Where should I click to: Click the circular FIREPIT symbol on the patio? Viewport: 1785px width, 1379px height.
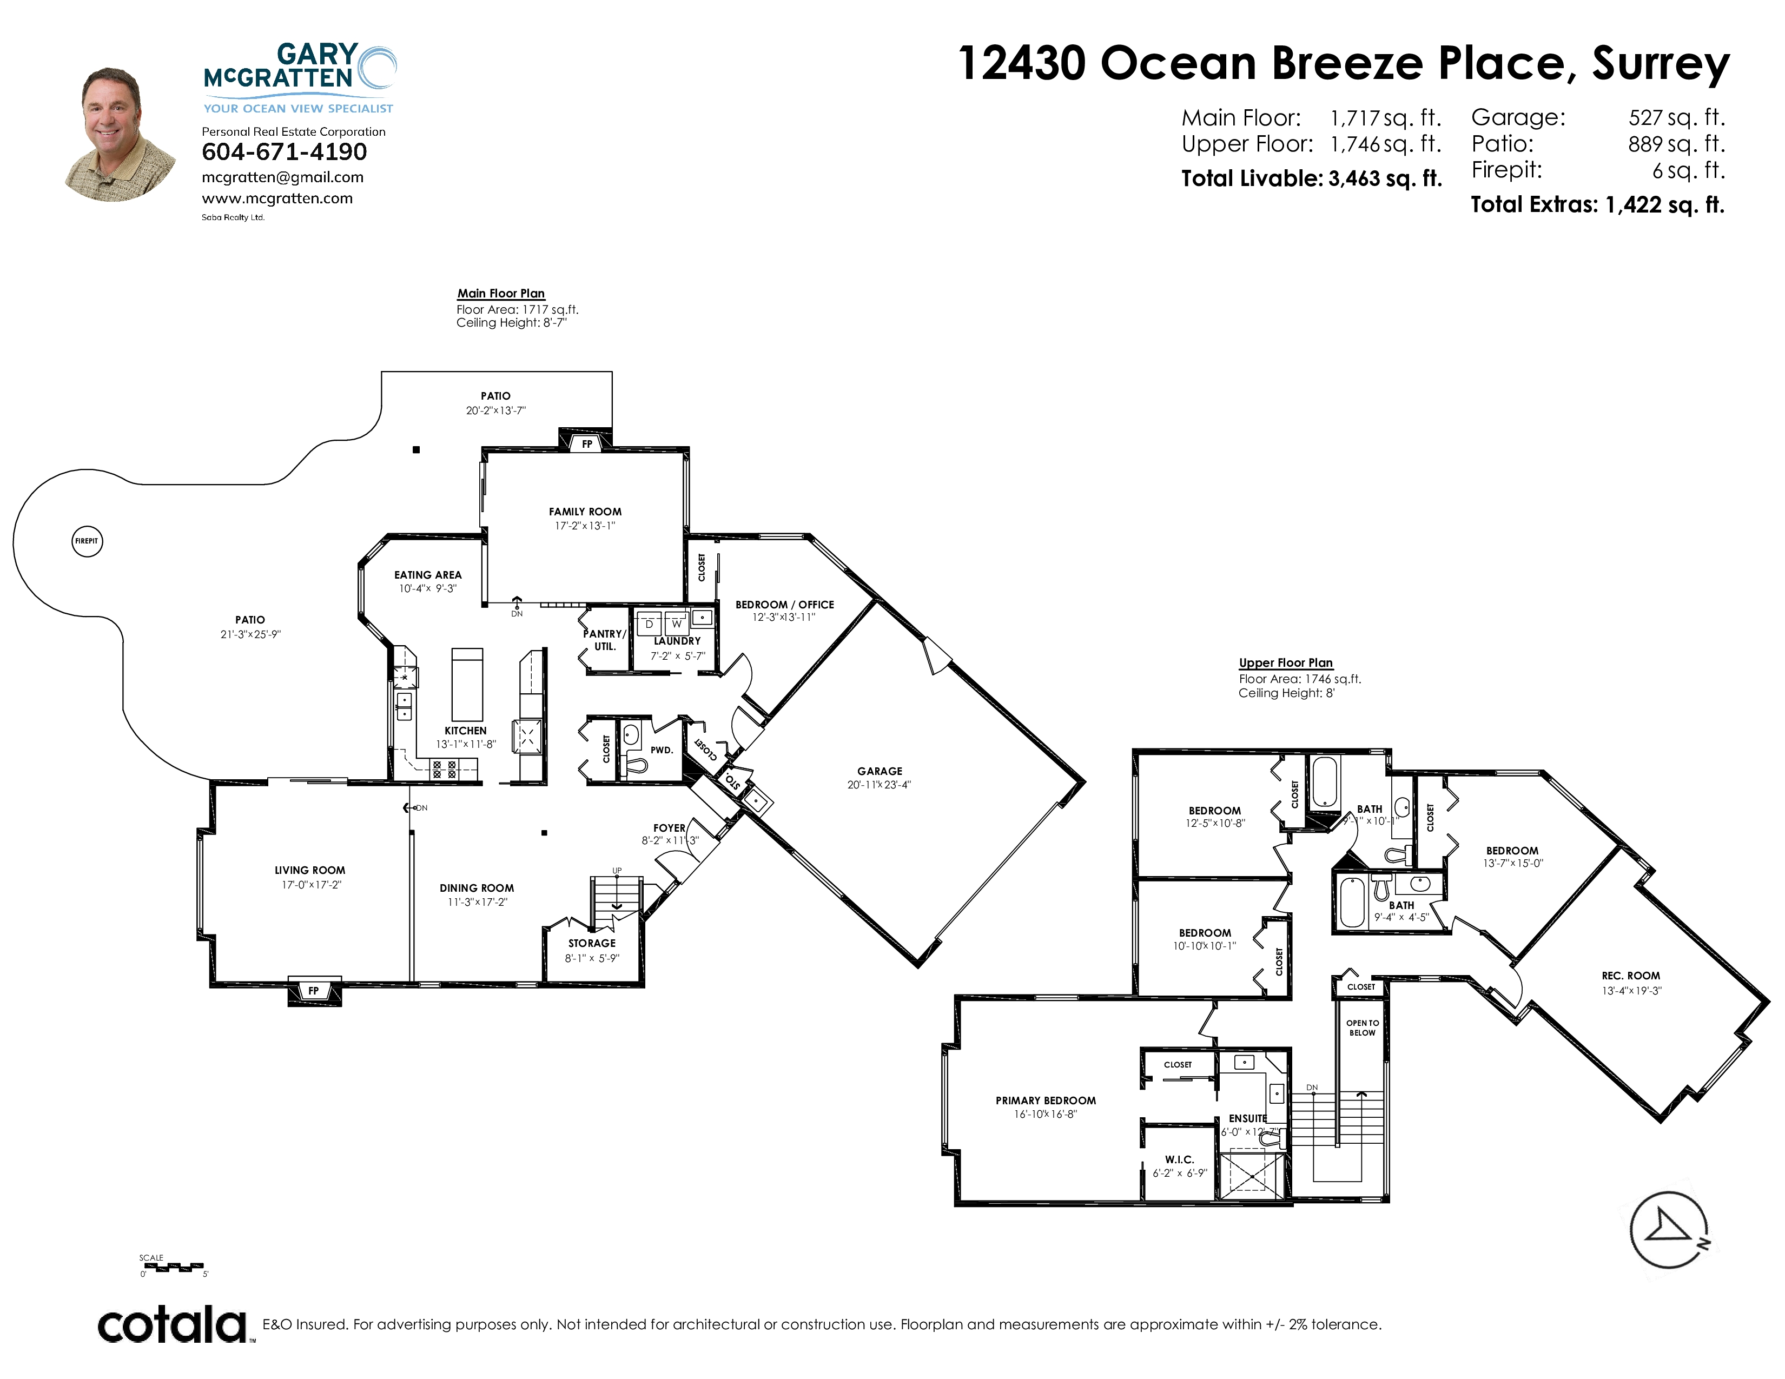coord(88,541)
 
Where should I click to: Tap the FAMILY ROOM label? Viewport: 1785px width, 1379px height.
coord(585,512)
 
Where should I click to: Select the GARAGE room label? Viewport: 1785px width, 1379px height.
coord(880,771)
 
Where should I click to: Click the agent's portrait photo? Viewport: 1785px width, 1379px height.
coord(120,135)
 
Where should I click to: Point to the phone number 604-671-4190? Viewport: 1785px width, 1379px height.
coord(285,152)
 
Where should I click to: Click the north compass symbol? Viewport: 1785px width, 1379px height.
coord(1669,1230)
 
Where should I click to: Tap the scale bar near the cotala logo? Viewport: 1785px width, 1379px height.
coord(173,1267)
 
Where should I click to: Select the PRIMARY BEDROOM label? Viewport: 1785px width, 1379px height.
coord(1046,1100)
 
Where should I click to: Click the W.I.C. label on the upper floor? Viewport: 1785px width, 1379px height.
coord(1179,1159)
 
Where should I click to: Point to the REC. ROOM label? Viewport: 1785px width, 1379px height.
coord(1630,976)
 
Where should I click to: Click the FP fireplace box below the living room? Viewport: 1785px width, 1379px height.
coord(314,991)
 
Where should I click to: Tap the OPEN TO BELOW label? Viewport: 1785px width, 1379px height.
coord(1363,1027)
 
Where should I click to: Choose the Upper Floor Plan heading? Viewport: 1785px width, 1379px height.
coord(1286,662)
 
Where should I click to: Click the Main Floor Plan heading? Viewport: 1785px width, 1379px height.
coord(501,293)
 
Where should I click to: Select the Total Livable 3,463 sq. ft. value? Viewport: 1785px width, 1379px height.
coord(1385,178)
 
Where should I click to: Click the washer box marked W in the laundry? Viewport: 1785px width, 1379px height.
coord(677,622)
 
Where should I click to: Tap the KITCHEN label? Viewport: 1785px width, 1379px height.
coord(465,731)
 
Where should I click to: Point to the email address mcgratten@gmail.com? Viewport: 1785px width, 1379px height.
coord(283,177)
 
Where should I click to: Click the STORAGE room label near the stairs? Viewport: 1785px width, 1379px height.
coord(592,943)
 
